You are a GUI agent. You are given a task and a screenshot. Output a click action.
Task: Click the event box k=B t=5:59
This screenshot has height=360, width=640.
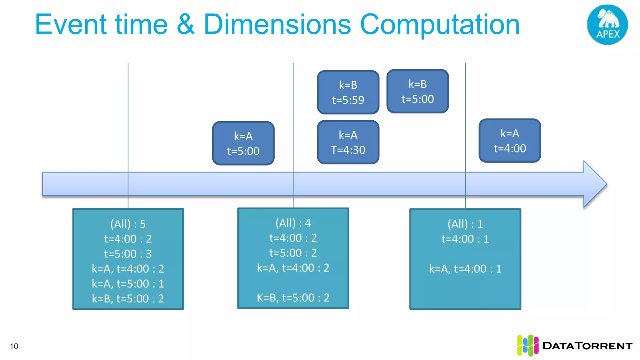[348, 92]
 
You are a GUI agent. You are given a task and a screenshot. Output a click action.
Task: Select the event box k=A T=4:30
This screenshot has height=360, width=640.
[348, 142]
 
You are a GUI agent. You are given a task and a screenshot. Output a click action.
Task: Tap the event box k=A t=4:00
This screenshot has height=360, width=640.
[509, 141]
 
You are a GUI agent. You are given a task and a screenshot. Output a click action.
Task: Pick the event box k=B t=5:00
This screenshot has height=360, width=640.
[417, 92]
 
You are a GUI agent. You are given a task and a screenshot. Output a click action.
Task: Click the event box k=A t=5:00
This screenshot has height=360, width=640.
[243, 143]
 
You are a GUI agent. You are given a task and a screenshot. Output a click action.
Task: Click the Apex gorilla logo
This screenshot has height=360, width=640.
[607, 24]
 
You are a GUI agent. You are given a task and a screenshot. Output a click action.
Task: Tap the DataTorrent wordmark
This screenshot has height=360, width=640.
[587, 346]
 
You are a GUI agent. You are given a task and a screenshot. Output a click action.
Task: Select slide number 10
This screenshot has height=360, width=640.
[14, 346]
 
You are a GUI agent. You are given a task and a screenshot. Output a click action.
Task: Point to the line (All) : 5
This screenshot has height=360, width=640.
[128, 224]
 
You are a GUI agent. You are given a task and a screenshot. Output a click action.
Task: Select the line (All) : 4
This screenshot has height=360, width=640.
[293, 223]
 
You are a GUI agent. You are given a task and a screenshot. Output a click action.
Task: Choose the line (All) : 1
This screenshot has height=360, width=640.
[465, 224]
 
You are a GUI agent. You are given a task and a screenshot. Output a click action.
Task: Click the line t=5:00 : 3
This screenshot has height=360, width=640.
[128, 254]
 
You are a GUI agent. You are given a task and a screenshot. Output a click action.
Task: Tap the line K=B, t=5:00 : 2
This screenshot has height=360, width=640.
[293, 297]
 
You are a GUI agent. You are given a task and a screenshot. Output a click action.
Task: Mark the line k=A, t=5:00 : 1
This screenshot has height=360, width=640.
[128, 284]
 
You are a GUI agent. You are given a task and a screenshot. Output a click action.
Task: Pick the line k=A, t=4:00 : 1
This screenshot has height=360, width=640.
[465, 269]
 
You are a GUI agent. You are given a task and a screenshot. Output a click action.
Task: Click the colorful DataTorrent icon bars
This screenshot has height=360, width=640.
[527, 346]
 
